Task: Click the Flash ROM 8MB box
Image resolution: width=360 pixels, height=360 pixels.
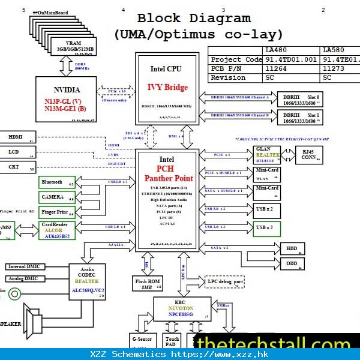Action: click(147, 284)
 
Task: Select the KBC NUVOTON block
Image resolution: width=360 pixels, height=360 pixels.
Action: click(181, 310)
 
